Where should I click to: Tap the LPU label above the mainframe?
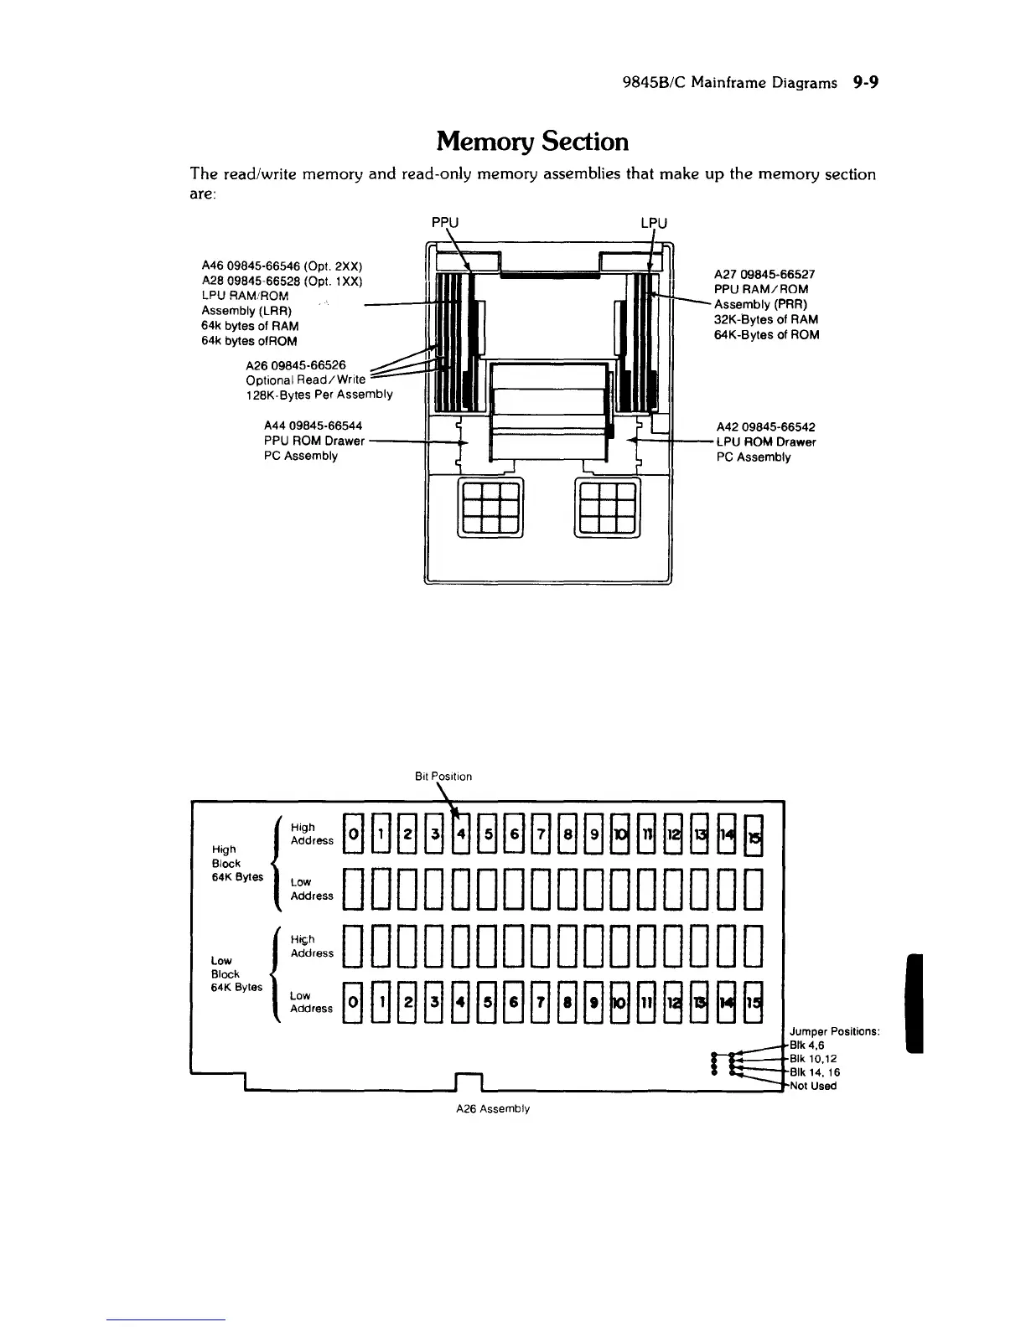coord(654,223)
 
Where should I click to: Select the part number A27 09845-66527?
coord(764,274)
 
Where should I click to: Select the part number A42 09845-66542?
coord(765,426)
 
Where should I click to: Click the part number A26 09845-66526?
coord(300,364)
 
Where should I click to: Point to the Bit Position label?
coord(443,777)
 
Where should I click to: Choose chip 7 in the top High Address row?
coord(541,835)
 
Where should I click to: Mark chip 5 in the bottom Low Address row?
coord(488,1002)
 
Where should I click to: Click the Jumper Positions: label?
coord(834,1031)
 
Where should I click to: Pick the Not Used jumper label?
coord(812,1087)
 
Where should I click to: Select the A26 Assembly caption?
coord(493,1109)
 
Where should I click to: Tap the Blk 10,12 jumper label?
coord(810,1058)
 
